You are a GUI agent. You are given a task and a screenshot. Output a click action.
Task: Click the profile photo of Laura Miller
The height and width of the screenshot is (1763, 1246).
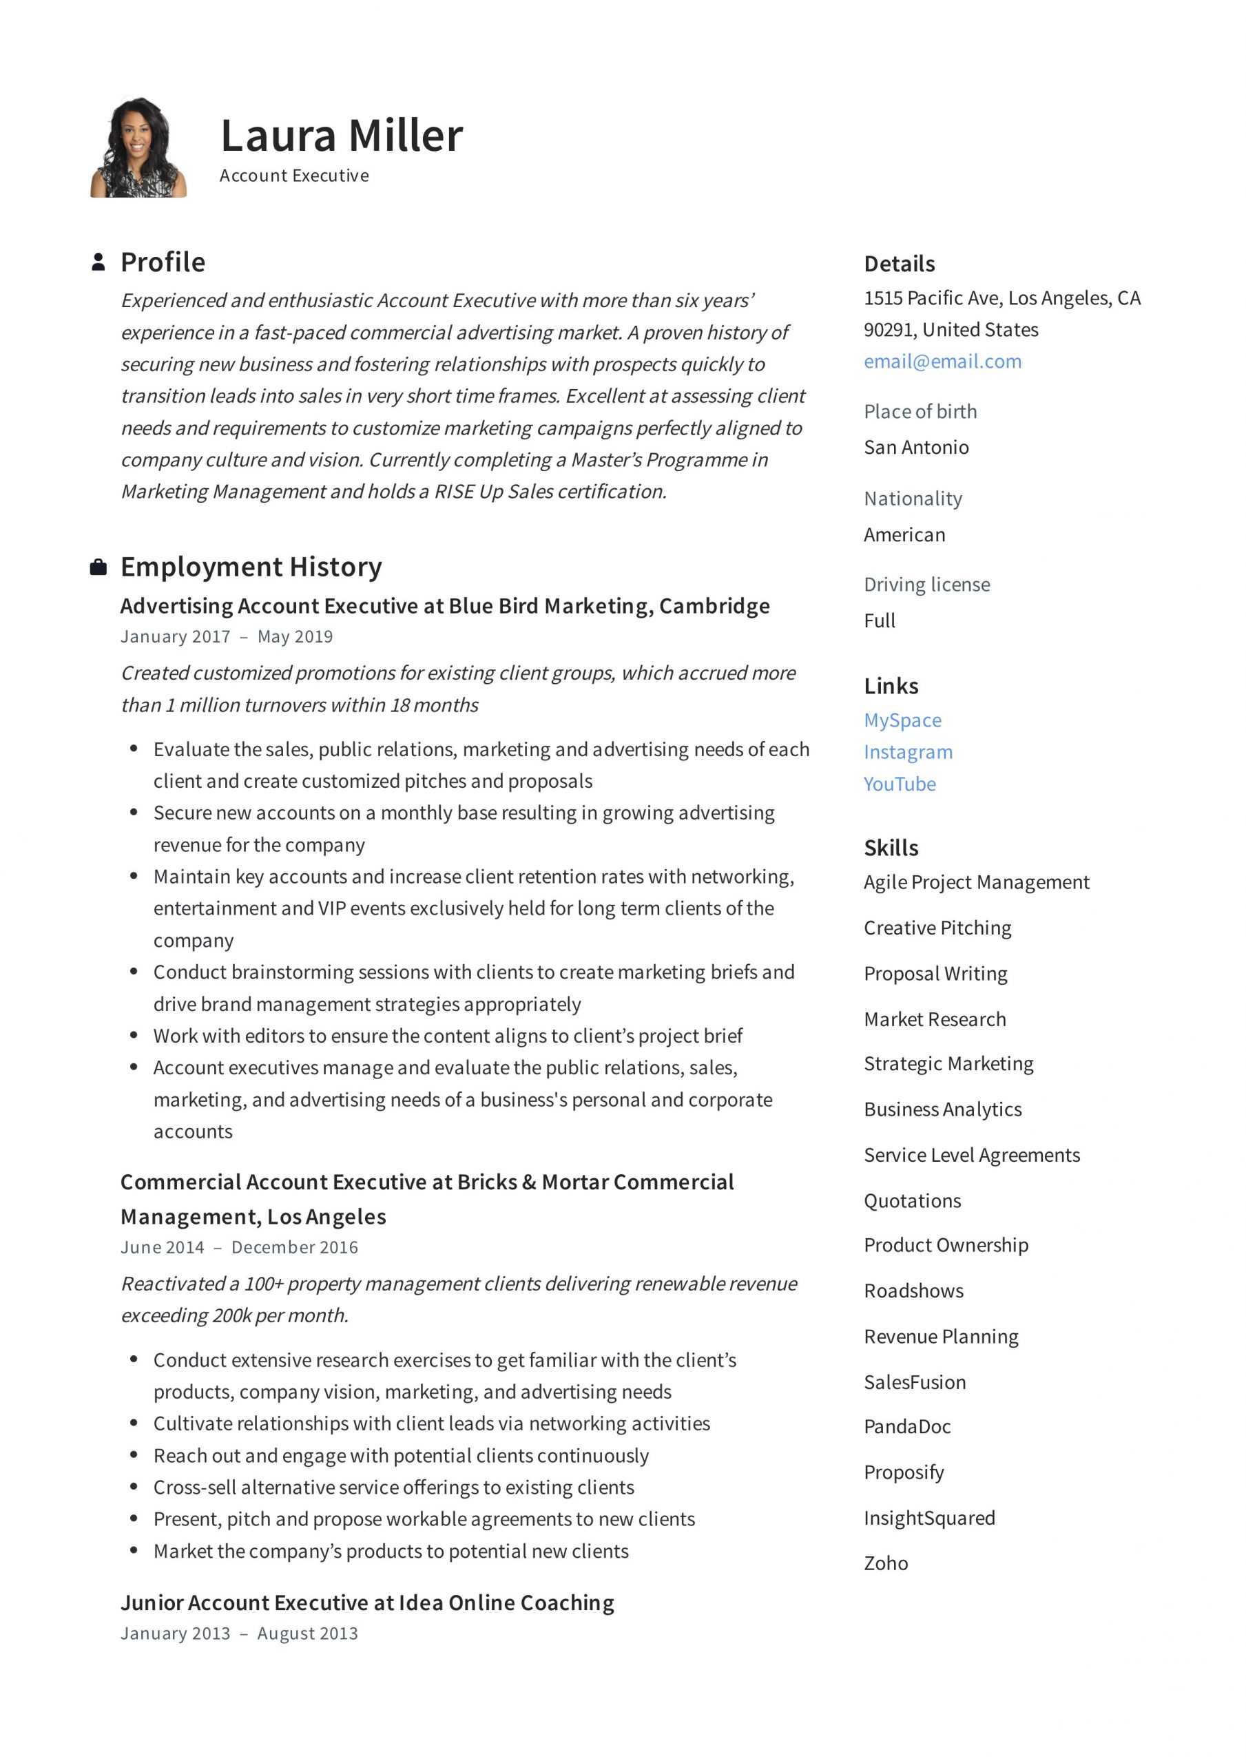138,147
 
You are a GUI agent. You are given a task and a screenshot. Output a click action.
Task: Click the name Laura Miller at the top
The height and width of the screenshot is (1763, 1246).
341,136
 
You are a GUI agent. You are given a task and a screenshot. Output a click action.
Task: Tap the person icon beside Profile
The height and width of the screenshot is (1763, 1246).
98,262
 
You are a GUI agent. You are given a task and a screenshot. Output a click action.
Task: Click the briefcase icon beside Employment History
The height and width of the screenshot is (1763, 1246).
98,567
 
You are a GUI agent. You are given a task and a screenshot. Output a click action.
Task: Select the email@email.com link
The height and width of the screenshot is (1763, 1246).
942,362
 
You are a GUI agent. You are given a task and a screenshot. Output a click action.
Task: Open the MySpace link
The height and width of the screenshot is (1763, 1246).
902,720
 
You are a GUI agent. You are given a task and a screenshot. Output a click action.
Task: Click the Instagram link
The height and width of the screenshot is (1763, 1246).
907,753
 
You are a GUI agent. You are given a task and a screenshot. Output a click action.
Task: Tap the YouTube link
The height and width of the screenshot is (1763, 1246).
899,784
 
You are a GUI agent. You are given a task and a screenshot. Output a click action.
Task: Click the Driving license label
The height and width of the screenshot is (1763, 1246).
926,585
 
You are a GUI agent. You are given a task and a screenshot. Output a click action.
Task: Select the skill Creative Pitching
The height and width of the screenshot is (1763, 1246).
937,928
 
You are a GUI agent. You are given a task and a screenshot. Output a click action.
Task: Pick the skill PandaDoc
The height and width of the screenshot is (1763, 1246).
906,1428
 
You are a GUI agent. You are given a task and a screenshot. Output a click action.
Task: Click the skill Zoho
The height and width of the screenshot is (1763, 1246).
885,1564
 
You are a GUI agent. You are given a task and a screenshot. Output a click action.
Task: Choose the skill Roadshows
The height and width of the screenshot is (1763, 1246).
913,1291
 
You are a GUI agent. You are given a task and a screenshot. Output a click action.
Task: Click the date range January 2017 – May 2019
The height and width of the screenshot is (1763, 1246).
227,636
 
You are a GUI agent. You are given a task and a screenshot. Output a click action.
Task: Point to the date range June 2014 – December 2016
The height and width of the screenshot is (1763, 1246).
239,1248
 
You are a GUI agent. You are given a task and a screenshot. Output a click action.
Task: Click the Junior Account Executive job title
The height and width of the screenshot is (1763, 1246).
367,1603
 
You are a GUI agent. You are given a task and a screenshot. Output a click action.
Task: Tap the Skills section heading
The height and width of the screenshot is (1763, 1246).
891,848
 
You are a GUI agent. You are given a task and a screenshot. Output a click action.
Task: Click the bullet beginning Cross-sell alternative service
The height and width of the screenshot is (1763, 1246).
393,1488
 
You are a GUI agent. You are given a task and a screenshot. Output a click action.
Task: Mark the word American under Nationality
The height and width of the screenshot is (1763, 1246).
904,535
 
